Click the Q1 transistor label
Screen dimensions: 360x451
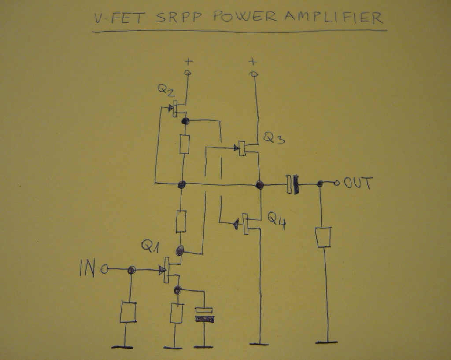point(150,246)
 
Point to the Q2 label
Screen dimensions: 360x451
point(166,91)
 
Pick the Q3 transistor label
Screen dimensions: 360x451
point(274,139)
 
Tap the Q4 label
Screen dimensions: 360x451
point(277,219)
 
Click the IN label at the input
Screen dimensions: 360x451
point(86,268)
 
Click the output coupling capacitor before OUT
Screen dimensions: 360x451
point(292,184)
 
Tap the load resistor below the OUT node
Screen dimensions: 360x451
point(324,237)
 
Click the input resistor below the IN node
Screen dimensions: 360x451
point(128,312)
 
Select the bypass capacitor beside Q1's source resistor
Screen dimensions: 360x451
point(204,314)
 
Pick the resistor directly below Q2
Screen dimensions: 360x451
point(185,144)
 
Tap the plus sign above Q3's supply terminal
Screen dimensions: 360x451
point(253,61)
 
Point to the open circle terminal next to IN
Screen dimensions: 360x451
point(104,269)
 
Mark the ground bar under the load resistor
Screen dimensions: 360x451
point(326,342)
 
